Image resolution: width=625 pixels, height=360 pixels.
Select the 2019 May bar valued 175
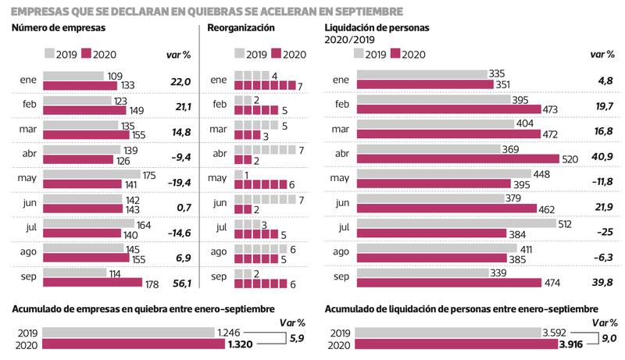click(91, 174)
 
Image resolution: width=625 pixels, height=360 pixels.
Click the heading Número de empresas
click(59, 28)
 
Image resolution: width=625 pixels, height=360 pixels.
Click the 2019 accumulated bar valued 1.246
click(129, 331)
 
